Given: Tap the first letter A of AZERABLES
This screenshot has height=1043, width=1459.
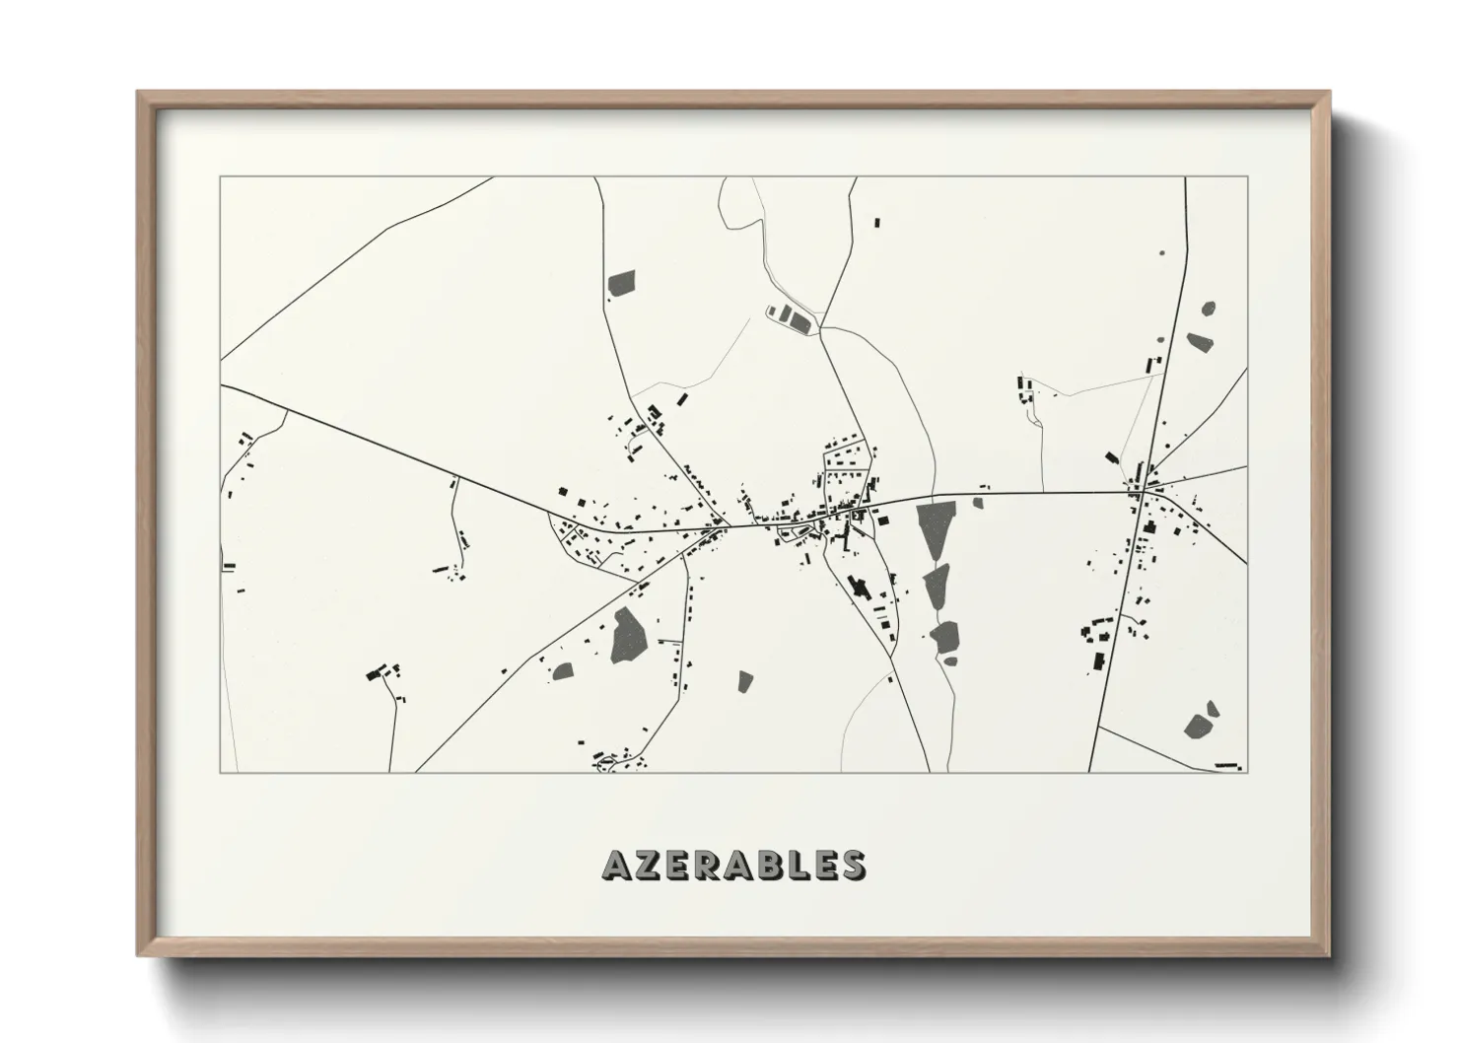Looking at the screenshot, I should [615, 865].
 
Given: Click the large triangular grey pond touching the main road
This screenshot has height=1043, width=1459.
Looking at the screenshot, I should [935, 527].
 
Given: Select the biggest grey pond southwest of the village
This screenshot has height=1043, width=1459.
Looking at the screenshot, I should [626, 635].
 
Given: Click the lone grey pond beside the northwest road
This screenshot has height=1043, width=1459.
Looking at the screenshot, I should [622, 283].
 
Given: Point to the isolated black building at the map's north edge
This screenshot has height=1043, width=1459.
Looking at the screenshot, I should [876, 224].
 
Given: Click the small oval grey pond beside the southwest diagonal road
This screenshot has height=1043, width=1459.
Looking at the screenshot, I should [563, 671].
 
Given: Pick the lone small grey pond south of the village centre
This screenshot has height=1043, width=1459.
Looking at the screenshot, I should [745, 680].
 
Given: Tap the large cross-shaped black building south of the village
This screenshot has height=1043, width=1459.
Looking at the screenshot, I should [859, 587].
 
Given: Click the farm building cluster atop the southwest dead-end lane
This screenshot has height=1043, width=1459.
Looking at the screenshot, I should [378, 673].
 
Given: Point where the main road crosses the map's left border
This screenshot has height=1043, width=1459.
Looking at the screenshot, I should [221, 385].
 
